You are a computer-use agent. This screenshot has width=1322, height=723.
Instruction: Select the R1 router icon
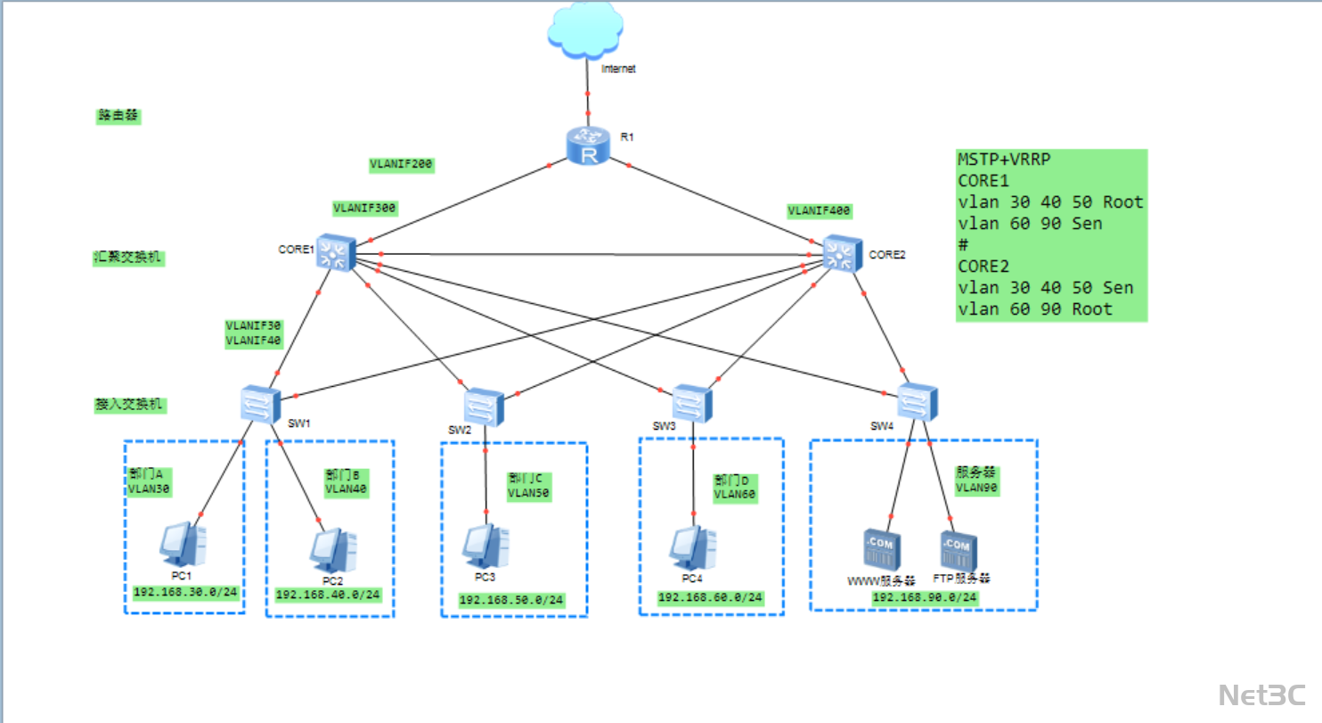point(588,145)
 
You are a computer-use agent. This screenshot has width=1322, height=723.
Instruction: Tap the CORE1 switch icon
point(335,253)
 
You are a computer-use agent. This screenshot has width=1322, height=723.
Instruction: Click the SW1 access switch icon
point(260,404)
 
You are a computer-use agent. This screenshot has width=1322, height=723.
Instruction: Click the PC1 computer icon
point(184,544)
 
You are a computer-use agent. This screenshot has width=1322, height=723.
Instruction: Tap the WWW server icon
point(881,550)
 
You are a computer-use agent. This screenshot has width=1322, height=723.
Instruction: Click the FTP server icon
point(958,551)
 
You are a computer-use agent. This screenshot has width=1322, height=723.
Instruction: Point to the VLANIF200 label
point(401,165)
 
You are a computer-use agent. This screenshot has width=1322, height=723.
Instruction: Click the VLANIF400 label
point(819,211)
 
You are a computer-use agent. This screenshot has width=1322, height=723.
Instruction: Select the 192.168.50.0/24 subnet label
point(511,600)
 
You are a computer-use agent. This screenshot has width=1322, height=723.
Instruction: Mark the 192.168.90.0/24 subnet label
point(925,597)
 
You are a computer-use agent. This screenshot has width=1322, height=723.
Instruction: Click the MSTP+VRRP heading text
point(1004,160)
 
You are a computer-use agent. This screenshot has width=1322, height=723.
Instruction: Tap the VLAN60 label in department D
point(735,494)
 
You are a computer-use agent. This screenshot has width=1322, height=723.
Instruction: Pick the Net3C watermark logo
point(1261,694)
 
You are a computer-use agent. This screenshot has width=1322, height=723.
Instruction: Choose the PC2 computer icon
point(333,551)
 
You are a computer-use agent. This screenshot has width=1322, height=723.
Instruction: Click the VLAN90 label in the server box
point(977,488)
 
